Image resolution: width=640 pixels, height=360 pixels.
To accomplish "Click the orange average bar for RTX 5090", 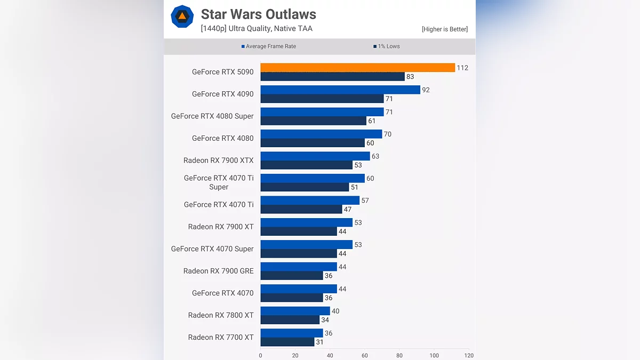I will [x=357, y=68].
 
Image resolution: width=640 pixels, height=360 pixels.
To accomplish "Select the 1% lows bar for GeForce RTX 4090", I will [x=322, y=99].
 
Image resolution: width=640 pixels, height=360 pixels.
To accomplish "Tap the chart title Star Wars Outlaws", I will [x=258, y=14].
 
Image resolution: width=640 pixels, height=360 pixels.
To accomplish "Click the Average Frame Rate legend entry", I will [x=269, y=46].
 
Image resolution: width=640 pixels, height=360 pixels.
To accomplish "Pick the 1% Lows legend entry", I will [x=386, y=46].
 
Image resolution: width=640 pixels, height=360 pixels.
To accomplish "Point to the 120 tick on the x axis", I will [x=469, y=355].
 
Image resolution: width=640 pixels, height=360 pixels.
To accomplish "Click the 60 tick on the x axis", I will [x=365, y=355].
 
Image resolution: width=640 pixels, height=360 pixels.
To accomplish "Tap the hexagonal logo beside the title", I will [x=182, y=17].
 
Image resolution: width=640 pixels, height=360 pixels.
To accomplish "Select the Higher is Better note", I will [x=444, y=29].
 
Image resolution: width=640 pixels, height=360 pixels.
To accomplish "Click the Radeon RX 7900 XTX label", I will [x=218, y=161].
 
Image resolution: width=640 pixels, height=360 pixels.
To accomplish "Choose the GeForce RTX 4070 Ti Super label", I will [x=219, y=182].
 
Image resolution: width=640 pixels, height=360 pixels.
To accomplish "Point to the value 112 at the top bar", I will [x=462, y=68].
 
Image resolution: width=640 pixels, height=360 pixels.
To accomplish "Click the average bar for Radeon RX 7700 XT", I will [x=292, y=333].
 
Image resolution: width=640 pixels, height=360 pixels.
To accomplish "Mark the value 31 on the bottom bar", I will [x=319, y=342].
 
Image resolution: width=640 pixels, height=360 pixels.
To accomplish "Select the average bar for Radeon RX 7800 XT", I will [x=295, y=311].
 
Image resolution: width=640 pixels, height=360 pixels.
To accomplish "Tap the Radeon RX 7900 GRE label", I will [x=218, y=271].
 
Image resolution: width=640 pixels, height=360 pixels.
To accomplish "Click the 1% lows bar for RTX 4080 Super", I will [x=314, y=121].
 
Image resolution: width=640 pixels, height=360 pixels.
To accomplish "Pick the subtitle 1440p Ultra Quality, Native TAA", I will [x=257, y=29].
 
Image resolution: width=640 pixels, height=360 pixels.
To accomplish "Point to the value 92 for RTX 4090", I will [x=426, y=90].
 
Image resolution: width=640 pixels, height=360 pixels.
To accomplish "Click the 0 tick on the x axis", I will [x=260, y=355].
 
